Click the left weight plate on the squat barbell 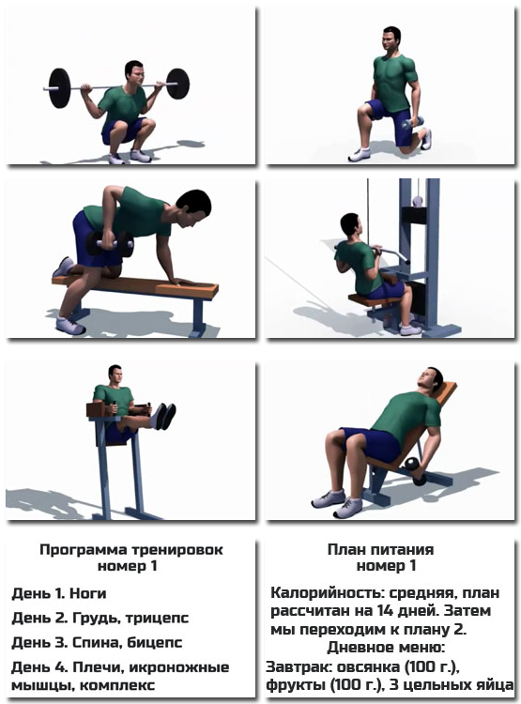pyautogui.click(x=59, y=87)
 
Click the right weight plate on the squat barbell pyautogui.click(x=177, y=83)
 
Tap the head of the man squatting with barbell pyautogui.click(x=133, y=73)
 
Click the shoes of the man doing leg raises pyautogui.click(x=165, y=416)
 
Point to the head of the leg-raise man pyautogui.click(x=115, y=375)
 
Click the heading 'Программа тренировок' pyautogui.click(x=130, y=550)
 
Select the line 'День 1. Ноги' pyautogui.click(x=59, y=593)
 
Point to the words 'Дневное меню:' pyautogui.click(x=385, y=648)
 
